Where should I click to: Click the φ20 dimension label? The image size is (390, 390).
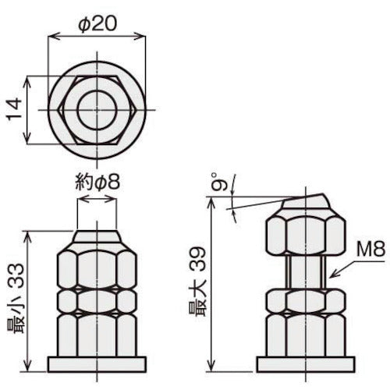tap(98, 24)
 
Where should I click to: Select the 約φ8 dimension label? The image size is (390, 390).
tap(97, 184)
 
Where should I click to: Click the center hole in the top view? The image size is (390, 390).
tap(98, 108)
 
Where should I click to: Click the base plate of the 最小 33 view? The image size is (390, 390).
tap(97, 363)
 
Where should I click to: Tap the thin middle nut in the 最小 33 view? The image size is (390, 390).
tap(97, 300)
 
